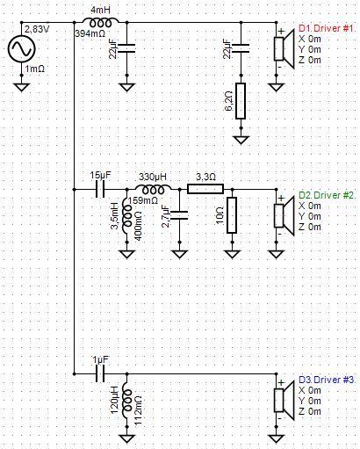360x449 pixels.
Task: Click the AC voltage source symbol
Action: (x=21, y=48)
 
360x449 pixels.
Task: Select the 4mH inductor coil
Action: (x=100, y=23)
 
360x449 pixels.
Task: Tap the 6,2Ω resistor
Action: (x=241, y=101)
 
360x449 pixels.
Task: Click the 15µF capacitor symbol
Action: (x=100, y=189)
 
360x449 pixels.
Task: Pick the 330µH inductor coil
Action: (x=153, y=190)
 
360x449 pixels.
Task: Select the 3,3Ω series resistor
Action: (x=205, y=189)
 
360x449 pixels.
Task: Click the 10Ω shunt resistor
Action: (x=232, y=215)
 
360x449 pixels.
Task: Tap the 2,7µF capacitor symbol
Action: (x=179, y=215)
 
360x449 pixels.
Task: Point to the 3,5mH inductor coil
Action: (x=127, y=215)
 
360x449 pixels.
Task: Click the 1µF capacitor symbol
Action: (x=100, y=373)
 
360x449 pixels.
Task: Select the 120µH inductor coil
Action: (x=127, y=400)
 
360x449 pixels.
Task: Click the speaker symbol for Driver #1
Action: (x=284, y=48)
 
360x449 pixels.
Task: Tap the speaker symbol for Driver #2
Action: (x=284, y=215)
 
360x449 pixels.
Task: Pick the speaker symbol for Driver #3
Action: (x=284, y=400)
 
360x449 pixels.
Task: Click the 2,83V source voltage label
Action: (x=36, y=30)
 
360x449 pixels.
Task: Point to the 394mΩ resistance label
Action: (x=90, y=33)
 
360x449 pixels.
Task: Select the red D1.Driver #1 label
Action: (x=328, y=28)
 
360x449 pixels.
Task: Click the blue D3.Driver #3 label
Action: (x=328, y=380)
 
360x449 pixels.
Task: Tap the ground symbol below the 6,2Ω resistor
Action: (x=241, y=140)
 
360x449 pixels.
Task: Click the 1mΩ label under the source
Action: (x=35, y=69)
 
